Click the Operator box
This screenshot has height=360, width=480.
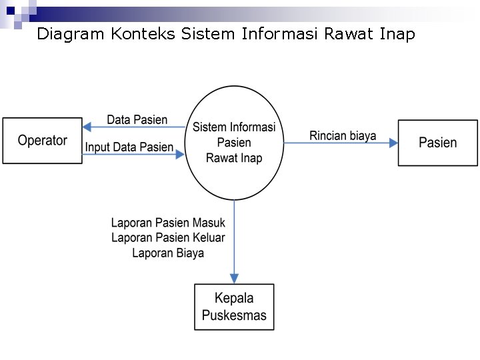(43, 141)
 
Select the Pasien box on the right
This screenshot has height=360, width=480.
(438, 142)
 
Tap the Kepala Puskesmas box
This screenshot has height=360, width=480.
(234, 307)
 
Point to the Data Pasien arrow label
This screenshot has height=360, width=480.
(137, 120)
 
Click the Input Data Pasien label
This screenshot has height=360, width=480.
(129, 147)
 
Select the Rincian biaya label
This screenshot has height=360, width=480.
(343, 135)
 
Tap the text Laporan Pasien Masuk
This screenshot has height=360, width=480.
(168, 223)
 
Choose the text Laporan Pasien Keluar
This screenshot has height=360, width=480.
(168, 237)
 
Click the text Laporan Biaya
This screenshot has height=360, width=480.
(168, 253)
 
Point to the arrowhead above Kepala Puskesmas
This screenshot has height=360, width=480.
(234, 278)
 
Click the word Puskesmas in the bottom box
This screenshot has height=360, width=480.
(234, 315)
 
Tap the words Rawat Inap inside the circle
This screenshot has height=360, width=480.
(234, 158)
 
